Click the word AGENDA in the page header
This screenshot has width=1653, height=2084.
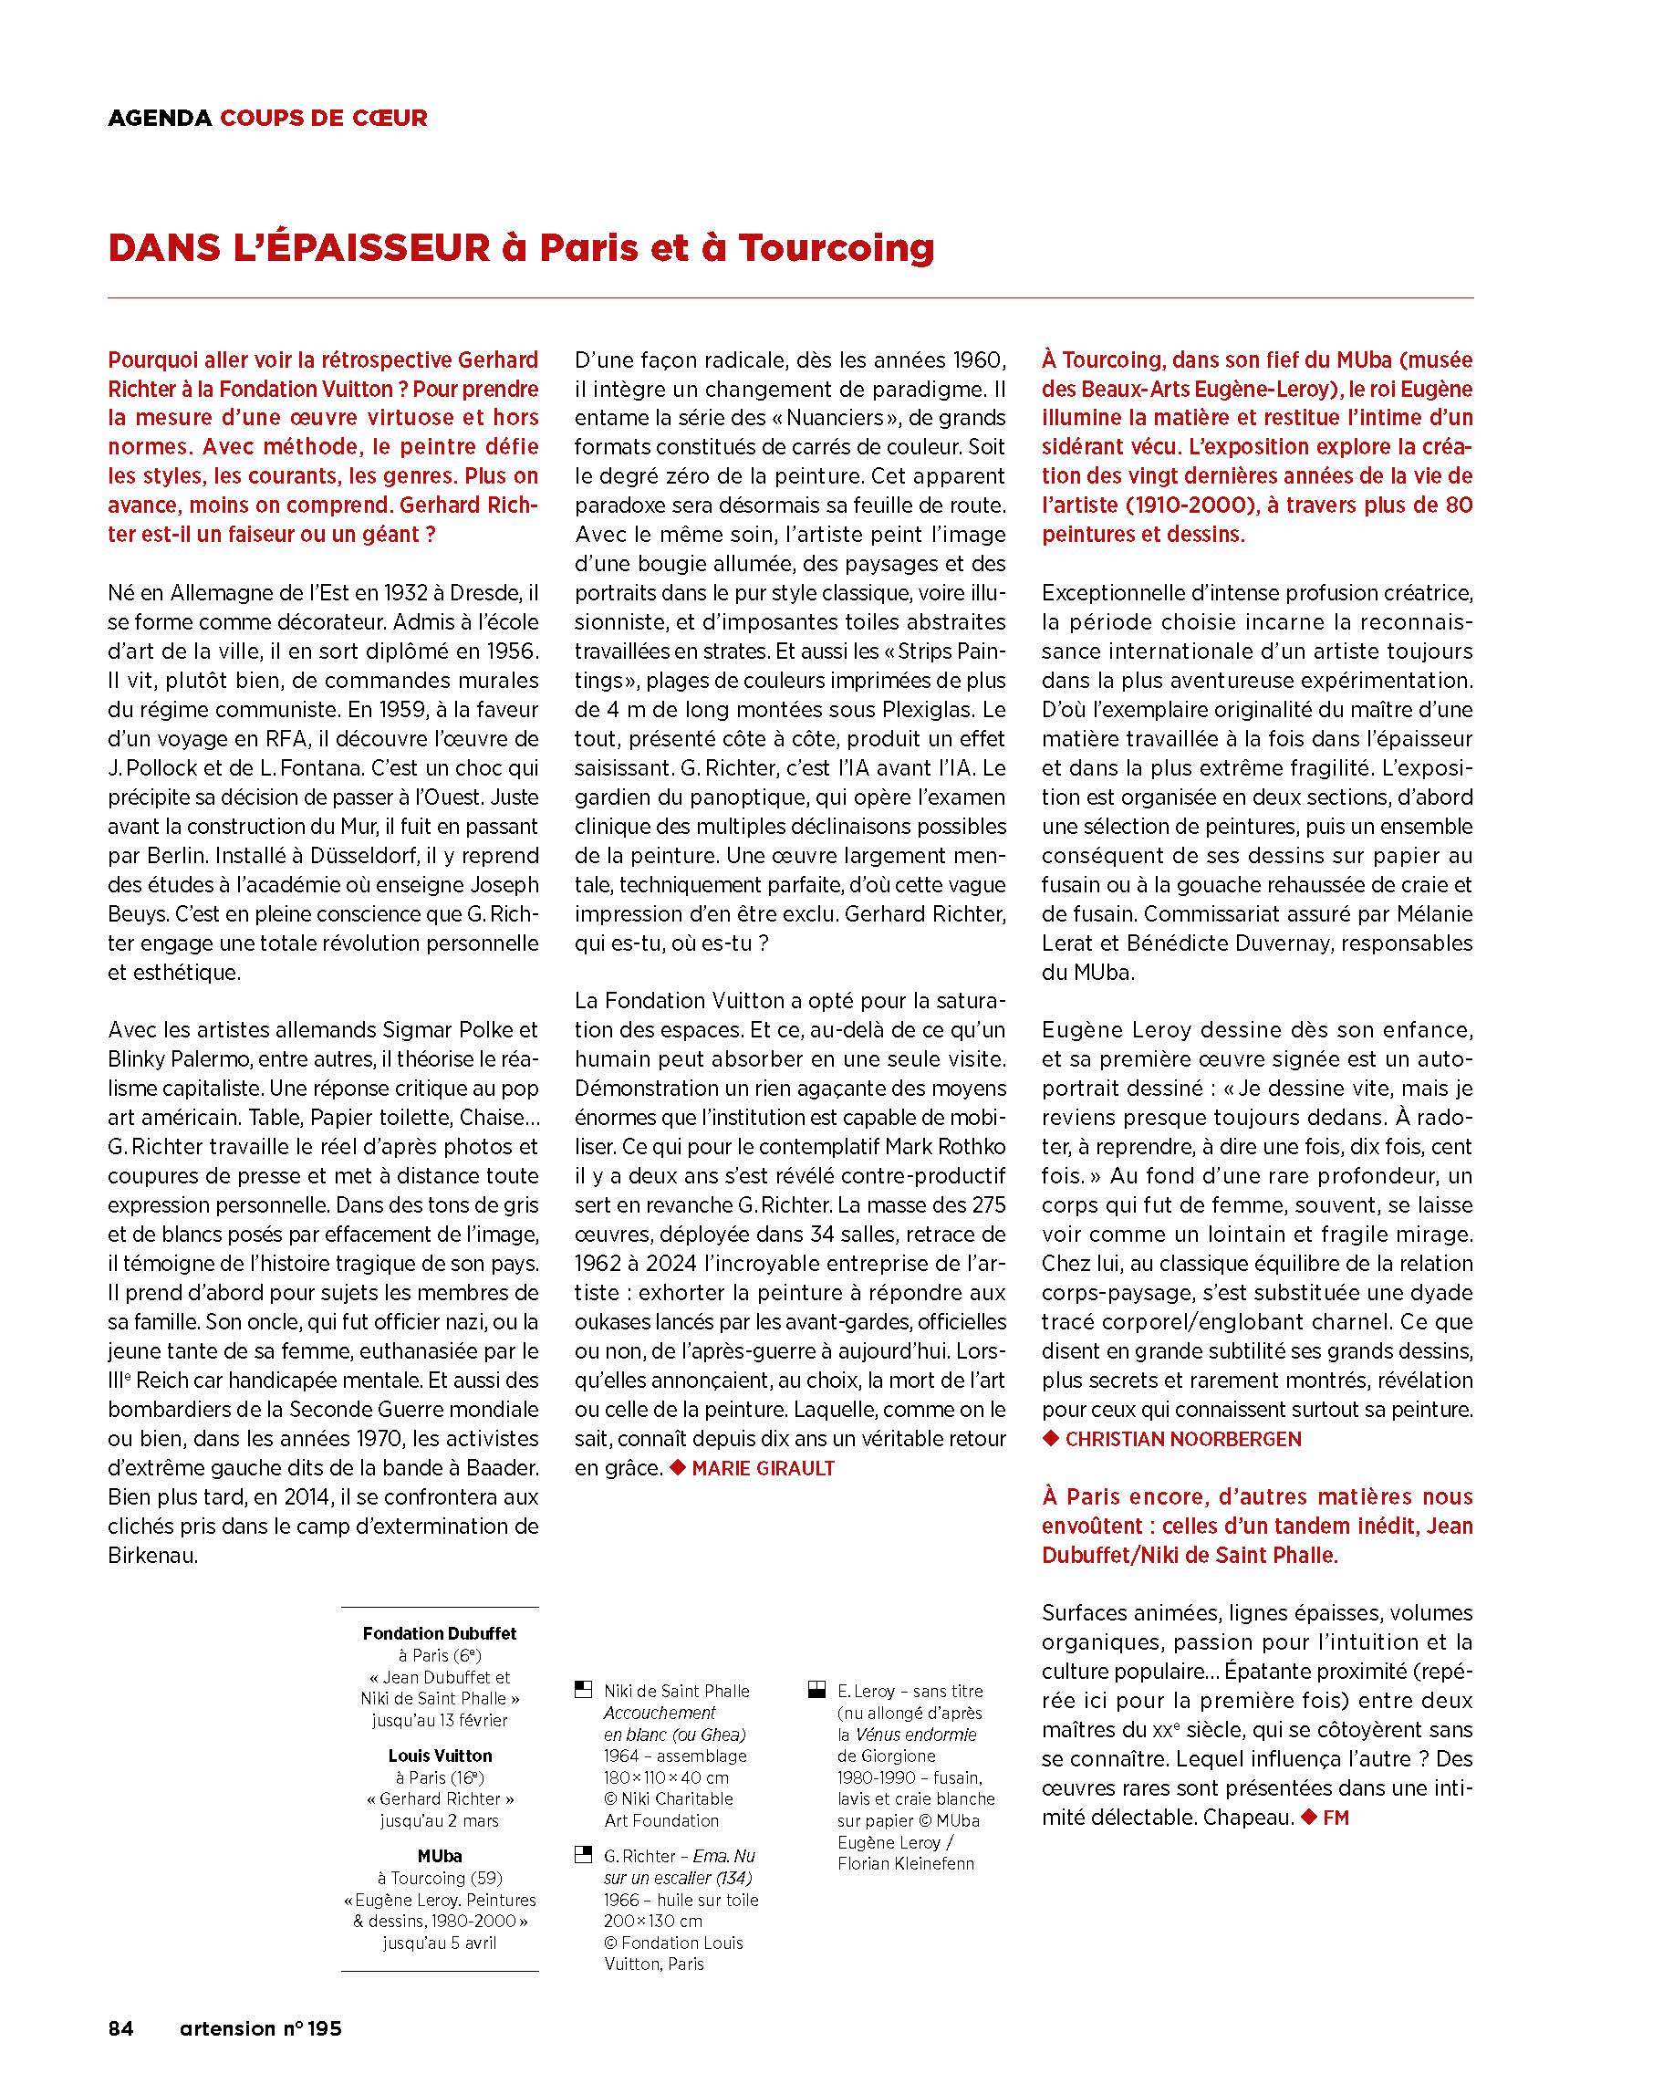(x=159, y=118)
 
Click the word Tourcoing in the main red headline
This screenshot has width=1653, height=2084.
(x=837, y=248)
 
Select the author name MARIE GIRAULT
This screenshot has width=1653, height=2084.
(x=763, y=1467)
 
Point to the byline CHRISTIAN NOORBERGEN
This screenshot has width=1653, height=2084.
(x=1182, y=1438)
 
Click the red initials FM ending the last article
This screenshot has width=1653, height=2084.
(x=1335, y=1818)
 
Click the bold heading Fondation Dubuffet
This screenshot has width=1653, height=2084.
(x=439, y=1632)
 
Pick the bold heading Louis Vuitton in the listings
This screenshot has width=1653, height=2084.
(x=440, y=1756)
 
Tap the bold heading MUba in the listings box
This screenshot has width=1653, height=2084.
(x=440, y=1856)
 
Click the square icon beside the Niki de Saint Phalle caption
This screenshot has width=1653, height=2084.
(x=583, y=1690)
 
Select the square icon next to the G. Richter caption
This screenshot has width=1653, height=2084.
(x=583, y=1855)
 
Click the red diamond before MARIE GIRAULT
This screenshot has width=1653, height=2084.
(x=678, y=1467)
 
